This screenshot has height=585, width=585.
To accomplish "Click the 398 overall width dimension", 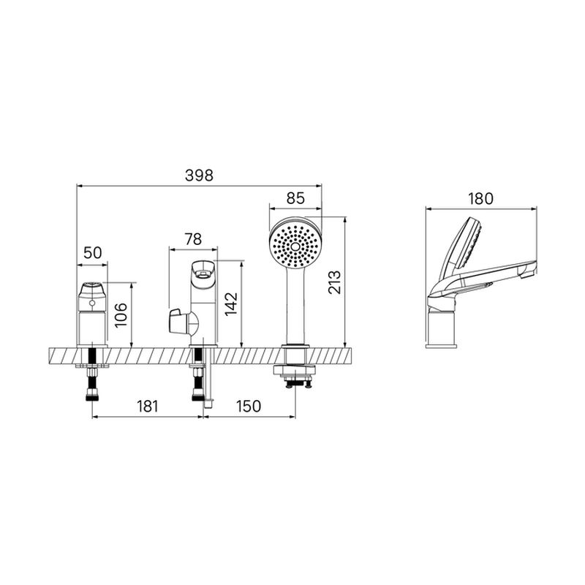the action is (199, 175).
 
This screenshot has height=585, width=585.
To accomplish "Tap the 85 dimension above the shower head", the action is (295, 198).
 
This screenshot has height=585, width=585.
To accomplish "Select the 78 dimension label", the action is (193, 239).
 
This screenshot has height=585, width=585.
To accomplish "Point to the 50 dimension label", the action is (93, 253).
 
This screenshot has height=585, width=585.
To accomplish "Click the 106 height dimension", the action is (121, 315).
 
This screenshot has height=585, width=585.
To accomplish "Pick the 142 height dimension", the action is (231, 304).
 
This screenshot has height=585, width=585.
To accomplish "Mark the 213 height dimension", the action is (335, 282).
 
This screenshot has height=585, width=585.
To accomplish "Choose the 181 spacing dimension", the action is (148, 407).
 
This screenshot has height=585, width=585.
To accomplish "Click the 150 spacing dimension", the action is (249, 407).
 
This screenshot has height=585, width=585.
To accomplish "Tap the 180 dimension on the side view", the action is (481, 199).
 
